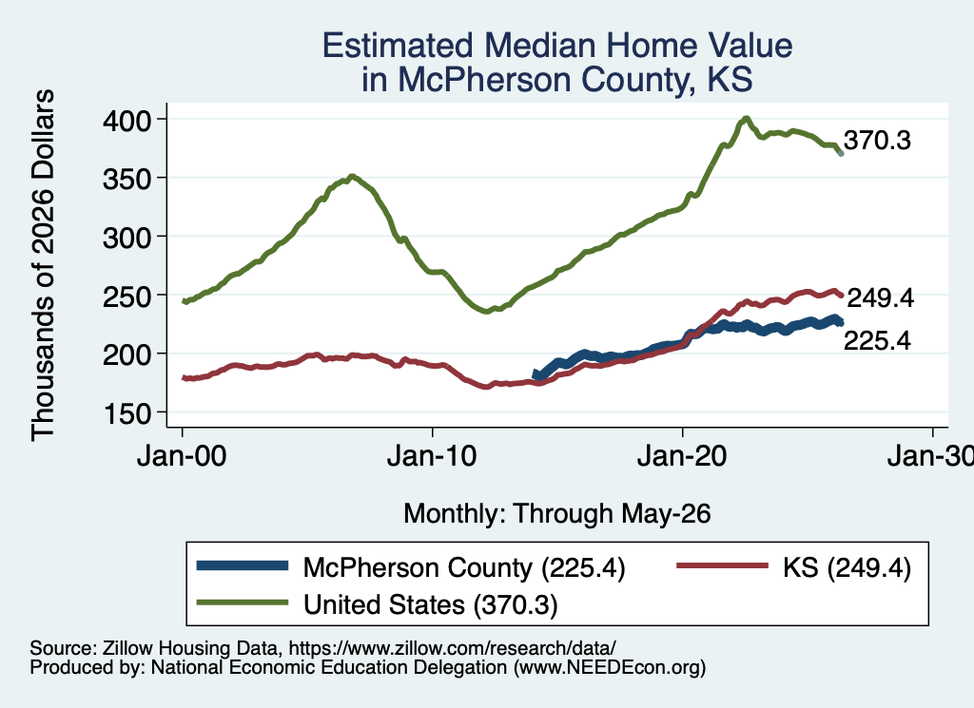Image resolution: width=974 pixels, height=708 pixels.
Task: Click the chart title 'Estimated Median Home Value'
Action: (x=557, y=46)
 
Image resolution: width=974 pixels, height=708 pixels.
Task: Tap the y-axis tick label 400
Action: (x=127, y=121)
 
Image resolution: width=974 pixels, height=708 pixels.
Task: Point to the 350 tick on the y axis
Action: (x=127, y=179)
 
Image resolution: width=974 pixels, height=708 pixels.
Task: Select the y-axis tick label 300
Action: (x=127, y=238)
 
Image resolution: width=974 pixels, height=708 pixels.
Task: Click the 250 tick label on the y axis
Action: (x=127, y=296)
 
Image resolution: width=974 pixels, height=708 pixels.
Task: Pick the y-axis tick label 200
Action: (x=127, y=354)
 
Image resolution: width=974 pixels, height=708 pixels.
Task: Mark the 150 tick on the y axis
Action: (x=127, y=413)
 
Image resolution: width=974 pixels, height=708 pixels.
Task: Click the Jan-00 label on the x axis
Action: (x=182, y=457)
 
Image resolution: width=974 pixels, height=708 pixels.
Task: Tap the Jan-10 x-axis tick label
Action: (x=432, y=457)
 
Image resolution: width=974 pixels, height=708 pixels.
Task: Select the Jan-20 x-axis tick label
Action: (x=682, y=457)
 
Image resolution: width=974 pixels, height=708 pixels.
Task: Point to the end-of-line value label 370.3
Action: (x=877, y=141)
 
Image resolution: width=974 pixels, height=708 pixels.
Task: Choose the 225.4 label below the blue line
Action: (x=877, y=340)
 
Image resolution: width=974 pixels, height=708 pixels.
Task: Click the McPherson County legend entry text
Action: (x=464, y=567)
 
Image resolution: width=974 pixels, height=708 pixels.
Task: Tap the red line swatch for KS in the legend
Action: (x=722, y=565)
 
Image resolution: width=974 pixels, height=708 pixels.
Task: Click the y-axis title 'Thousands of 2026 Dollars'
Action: (x=43, y=265)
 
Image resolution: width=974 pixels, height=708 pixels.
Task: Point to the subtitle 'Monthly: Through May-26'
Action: (x=557, y=514)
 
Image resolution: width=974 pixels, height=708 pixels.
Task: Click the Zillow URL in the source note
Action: (x=452, y=648)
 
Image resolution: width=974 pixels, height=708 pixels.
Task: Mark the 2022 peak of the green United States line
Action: (x=746, y=118)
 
